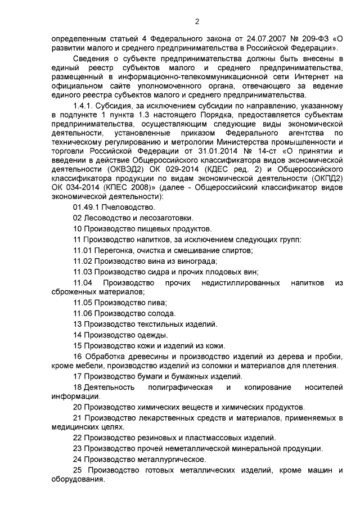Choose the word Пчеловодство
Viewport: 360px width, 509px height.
pos(119,208)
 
